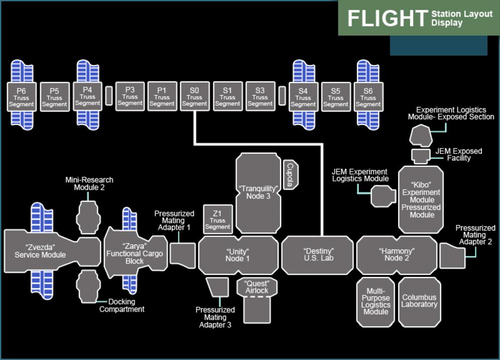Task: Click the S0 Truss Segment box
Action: point(194,96)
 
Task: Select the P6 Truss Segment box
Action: point(22,96)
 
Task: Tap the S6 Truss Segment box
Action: point(368,96)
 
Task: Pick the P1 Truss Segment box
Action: point(162,96)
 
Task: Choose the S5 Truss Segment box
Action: point(335,96)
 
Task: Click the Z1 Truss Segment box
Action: point(217,219)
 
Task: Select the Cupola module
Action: point(290,175)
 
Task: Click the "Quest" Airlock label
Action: point(256,287)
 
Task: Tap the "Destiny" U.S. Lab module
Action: point(317,255)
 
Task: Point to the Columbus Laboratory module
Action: point(419,302)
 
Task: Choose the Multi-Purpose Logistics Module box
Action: point(376,302)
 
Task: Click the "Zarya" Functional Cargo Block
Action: point(134,254)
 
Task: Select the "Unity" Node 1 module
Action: point(237,255)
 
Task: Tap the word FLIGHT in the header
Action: point(387,19)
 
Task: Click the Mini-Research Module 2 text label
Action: point(89,183)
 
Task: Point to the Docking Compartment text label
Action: point(122,305)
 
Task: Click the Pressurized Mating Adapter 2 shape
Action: point(452,256)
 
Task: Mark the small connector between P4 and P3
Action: point(109,96)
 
